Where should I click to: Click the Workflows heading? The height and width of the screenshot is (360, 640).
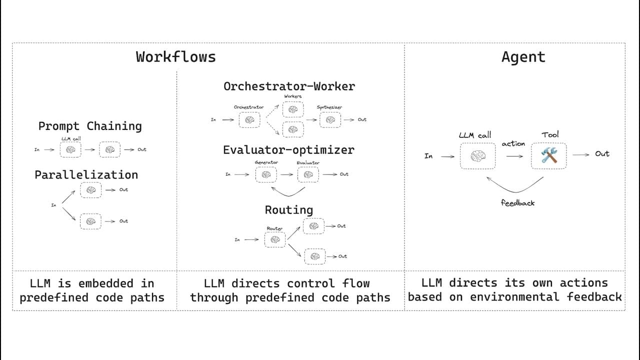tap(175, 57)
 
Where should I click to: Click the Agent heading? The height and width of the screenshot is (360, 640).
tap(523, 57)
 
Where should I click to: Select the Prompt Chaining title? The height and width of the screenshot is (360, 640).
tap(90, 126)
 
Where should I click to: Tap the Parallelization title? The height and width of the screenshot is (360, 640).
tap(86, 175)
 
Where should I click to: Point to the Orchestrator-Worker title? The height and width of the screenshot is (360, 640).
tap(289, 86)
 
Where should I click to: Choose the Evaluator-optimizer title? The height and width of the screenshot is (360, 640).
tap(288, 149)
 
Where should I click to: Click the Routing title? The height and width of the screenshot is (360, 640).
tap(289, 210)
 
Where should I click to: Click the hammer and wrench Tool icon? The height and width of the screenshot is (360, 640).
tap(549, 155)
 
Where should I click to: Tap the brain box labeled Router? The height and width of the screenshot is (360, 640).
tap(275, 239)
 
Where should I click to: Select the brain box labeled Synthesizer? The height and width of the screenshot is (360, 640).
tap(330, 119)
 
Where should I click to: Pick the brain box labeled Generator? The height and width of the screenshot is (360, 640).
tap(266, 174)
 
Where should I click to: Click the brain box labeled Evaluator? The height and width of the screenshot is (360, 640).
tap(308, 174)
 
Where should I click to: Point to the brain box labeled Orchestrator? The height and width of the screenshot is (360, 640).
tap(249, 119)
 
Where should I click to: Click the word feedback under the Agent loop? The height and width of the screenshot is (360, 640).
tap(517, 203)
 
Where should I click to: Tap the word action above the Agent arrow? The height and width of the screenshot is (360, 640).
tap(513, 143)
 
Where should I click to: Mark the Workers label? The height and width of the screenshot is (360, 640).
tap(293, 96)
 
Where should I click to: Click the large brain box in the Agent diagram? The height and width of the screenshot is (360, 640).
tap(477, 156)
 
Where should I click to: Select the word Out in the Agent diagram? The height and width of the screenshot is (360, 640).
tap(602, 153)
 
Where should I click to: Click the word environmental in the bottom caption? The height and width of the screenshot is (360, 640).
tap(514, 297)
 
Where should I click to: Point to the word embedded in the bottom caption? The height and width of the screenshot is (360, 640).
tap(105, 283)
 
